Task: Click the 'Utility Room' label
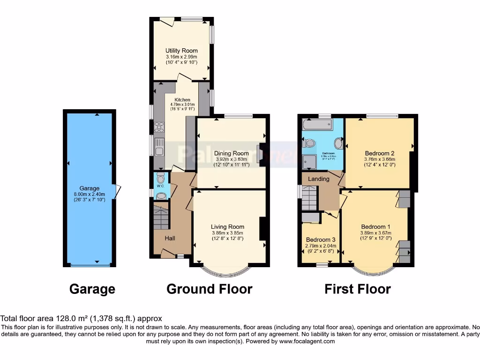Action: [181, 51]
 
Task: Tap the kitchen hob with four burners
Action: [159, 127]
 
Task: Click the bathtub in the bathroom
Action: [317, 125]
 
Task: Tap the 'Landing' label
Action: [319, 179]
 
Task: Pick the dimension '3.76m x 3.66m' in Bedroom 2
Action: [379, 159]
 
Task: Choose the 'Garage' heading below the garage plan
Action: [92, 289]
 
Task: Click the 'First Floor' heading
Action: [357, 289]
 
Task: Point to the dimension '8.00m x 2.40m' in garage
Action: [89, 194]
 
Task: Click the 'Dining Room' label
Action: [231, 153]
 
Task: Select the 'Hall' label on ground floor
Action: [170, 239]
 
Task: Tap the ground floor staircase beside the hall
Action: [161, 217]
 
